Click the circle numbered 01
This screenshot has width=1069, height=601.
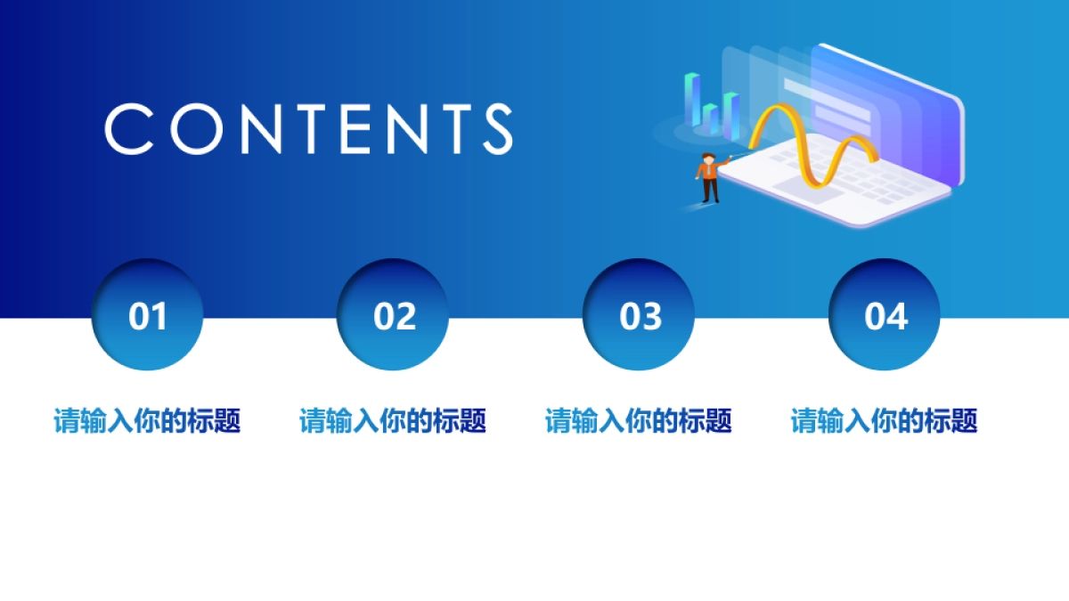(x=148, y=315)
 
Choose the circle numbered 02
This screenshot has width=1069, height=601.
(x=394, y=315)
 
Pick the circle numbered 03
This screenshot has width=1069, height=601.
(x=640, y=315)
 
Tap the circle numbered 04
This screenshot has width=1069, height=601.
(x=885, y=315)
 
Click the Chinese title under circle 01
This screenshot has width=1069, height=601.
(x=148, y=420)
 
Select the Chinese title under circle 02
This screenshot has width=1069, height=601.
(x=394, y=420)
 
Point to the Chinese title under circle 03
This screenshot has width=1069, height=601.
(x=640, y=420)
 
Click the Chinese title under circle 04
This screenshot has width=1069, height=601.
(x=885, y=420)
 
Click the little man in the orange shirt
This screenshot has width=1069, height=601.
(x=709, y=179)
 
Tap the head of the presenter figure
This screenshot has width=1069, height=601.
(x=709, y=158)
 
